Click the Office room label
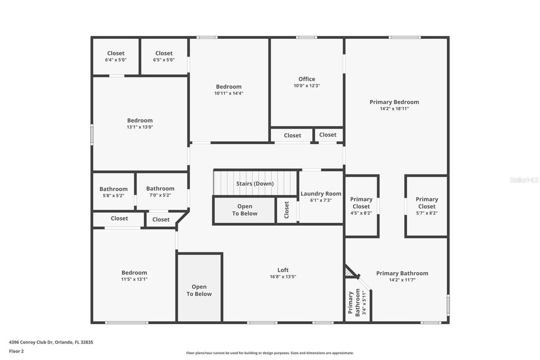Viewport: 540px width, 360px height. coord(307,79)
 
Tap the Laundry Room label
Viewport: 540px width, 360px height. coord(321,194)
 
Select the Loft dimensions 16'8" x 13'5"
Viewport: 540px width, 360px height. coord(283,277)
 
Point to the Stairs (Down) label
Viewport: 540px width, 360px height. coord(255,184)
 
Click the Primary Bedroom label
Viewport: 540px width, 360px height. coord(394,102)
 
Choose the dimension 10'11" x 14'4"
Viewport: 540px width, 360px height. coord(229,93)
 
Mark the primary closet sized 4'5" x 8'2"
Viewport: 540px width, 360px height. coord(361,206)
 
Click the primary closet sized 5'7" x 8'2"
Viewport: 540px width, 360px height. coord(427,206)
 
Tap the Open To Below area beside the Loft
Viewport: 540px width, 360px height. coord(199,290)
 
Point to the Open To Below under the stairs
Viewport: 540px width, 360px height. coord(245,210)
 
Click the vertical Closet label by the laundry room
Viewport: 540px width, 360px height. coord(287,210)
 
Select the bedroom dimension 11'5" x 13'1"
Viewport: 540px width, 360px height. coord(134,279)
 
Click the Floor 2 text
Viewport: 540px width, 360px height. coord(16,351)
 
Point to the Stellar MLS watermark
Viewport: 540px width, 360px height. coord(524,180)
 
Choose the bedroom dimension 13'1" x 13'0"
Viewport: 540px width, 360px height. coord(140,127)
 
